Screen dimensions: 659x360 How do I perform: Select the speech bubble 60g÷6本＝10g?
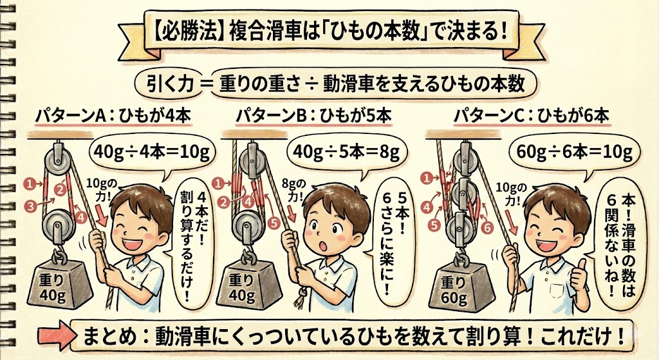pyautogui.click(x=574, y=153)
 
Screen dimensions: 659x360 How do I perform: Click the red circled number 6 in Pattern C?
pyautogui.click(x=487, y=228)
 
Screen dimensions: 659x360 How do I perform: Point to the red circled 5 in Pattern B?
pyautogui.click(x=274, y=223)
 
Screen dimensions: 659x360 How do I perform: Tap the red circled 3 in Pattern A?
pyautogui.click(x=30, y=206)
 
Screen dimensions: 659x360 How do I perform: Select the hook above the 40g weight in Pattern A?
pyautogui.click(x=60, y=256)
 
